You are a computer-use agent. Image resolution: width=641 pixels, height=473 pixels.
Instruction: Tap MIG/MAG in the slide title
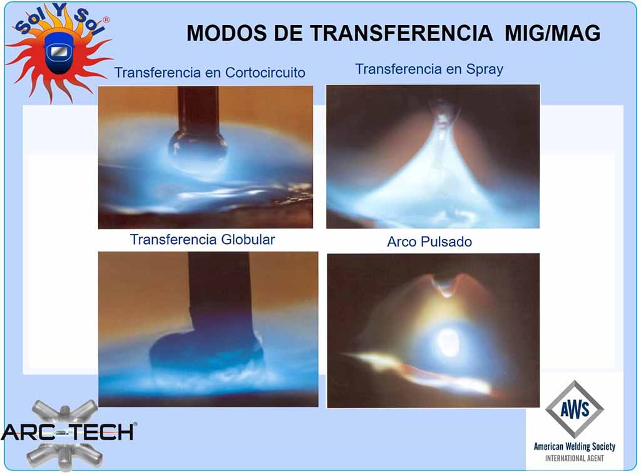click(x=552, y=33)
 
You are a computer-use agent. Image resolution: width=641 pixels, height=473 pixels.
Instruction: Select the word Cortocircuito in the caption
click(x=265, y=73)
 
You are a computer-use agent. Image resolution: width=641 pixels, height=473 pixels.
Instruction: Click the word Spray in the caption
click(x=485, y=69)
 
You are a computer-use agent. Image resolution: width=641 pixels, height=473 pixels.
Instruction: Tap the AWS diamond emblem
click(x=575, y=409)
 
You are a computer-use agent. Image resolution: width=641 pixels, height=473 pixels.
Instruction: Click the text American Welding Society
click(x=575, y=447)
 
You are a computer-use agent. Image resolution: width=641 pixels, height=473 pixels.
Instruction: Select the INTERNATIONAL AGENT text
click(x=575, y=458)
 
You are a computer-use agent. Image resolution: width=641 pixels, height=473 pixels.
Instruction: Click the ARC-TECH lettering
click(x=68, y=432)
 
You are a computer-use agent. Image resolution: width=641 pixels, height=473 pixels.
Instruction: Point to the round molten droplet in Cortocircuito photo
click(x=198, y=150)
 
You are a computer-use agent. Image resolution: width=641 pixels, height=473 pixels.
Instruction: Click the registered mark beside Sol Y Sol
click(x=106, y=19)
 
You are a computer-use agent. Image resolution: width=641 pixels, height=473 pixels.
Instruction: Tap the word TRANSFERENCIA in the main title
click(x=401, y=33)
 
